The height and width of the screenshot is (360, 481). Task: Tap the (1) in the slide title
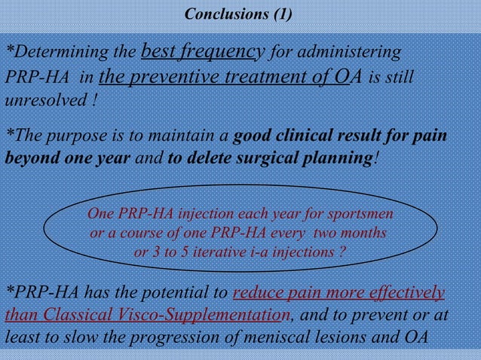pos(280,14)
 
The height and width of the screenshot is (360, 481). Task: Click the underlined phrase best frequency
pos(202,51)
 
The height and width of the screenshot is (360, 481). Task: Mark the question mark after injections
pos(342,252)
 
